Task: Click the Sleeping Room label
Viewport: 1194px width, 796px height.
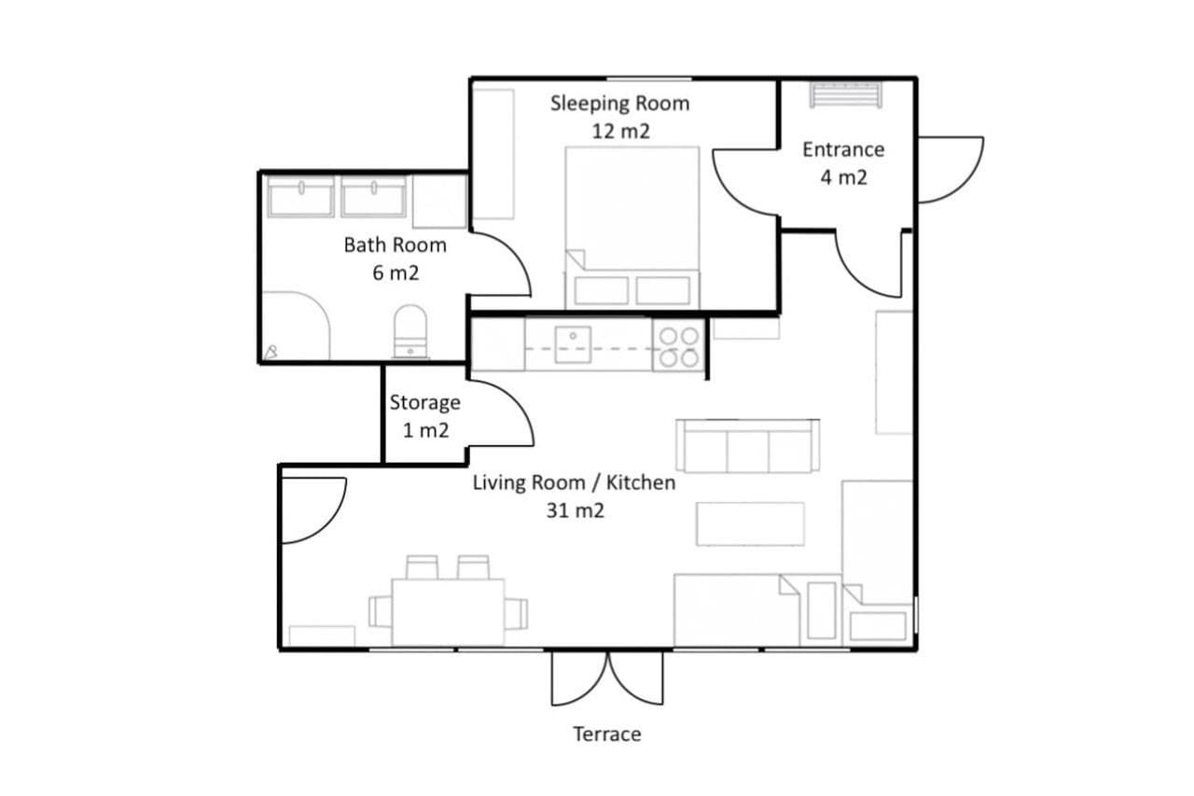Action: pyautogui.click(x=619, y=104)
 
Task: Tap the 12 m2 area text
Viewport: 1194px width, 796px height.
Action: pyautogui.click(x=621, y=132)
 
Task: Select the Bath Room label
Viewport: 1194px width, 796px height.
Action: pyautogui.click(x=395, y=245)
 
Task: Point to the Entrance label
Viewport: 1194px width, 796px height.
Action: pyautogui.click(x=843, y=150)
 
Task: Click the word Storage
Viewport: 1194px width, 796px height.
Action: pyautogui.click(x=424, y=403)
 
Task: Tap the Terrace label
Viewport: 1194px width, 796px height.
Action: pyautogui.click(x=607, y=734)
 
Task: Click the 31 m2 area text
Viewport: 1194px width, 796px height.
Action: pyautogui.click(x=576, y=510)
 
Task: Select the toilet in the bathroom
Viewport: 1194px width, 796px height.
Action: pyautogui.click(x=410, y=331)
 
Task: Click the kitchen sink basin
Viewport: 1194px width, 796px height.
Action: pyautogui.click(x=573, y=345)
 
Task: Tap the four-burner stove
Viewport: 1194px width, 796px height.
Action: pyautogui.click(x=679, y=346)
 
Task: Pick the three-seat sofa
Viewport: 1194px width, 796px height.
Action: pyautogui.click(x=748, y=446)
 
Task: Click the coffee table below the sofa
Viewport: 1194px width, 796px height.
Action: pyautogui.click(x=750, y=524)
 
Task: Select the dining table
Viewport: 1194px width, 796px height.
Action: pyautogui.click(x=449, y=612)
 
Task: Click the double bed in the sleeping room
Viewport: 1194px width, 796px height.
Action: pyautogui.click(x=632, y=228)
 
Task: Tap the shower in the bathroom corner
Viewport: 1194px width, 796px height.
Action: pyautogui.click(x=296, y=326)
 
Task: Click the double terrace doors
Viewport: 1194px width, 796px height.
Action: pyautogui.click(x=607, y=678)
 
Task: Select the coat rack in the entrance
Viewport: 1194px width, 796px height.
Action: pyautogui.click(x=845, y=95)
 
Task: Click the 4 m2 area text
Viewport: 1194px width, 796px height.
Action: pyautogui.click(x=844, y=177)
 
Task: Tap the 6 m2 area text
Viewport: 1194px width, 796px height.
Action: pyautogui.click(x=396, y=273)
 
